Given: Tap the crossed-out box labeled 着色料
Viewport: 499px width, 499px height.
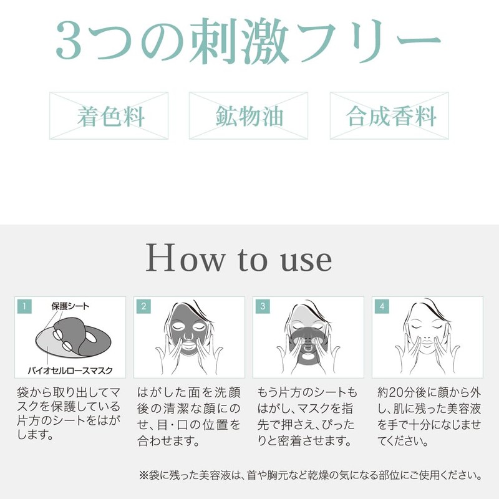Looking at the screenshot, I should pos(109,116).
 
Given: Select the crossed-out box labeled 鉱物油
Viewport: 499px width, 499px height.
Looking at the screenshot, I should pos(248,116).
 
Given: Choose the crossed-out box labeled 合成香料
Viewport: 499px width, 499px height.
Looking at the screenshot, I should pos(389,116).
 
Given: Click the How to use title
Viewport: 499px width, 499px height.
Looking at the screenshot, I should pos(239,259).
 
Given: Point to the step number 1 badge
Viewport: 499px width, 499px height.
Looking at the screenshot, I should pos(24,306).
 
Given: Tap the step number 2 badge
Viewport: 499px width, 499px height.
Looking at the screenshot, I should pos(143,306).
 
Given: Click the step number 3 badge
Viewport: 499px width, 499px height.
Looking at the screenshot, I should pos(263,306).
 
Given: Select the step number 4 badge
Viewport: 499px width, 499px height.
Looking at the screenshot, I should pos(382,306).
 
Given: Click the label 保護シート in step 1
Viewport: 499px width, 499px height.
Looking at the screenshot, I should pos(70,306).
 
